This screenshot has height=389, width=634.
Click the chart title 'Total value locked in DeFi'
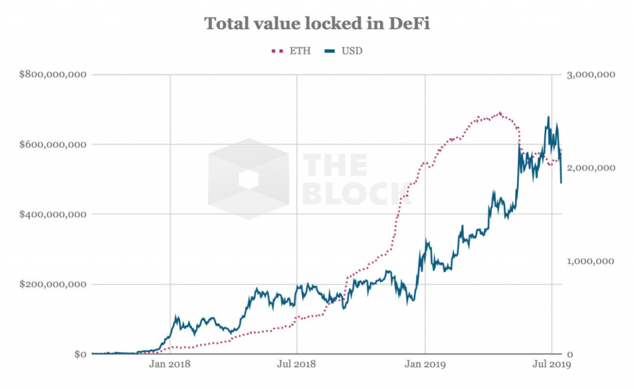click(317, 24)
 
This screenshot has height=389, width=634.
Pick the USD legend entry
click(344, 51)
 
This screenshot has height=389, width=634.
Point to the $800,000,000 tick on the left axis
click(53, 75)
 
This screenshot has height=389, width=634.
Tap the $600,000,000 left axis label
click(53, 145)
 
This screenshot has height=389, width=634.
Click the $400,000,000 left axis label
click(53, 215)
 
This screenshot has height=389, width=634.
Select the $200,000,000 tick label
click(53, 284)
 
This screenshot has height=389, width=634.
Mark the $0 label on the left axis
click(79, 354)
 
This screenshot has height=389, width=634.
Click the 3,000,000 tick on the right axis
click(590, 75)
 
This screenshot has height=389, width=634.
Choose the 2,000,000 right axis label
click(590, 168)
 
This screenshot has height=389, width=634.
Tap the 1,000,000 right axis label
click(590, 261)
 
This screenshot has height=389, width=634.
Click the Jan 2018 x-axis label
click(170, 365)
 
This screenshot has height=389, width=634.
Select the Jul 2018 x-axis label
click(297, 365)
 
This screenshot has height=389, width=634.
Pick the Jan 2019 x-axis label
click(425, 365)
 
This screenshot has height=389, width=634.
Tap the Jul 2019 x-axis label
click(551, 365)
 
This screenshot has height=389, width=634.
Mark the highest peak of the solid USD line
click(548, 117)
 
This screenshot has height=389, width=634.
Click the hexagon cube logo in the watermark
click(248, 179)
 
